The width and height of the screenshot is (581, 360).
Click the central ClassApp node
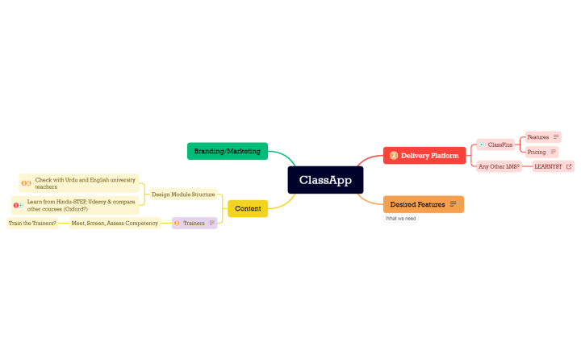[x=325, y=180]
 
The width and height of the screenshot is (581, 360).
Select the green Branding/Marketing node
[x=227, y=151]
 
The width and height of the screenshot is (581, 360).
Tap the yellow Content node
[x=247, y=209]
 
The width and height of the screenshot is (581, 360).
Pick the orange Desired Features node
[x=417, y=204]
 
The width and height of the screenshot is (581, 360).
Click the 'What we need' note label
[x=400, y=219]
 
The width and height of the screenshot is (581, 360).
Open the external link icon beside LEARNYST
[x=568, y=166]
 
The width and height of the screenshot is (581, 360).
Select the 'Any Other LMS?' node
[x=499, y=166]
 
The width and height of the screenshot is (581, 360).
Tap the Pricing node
[x=537, y=152]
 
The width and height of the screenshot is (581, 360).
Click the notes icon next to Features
[x=556, y=137]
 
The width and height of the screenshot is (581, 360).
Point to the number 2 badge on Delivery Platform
[x=394, y=156]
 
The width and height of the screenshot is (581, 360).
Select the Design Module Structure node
[x=183, y=195]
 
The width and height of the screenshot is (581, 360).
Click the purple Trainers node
[x=194, y=223]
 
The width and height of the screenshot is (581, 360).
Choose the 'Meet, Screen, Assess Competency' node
[x=115, y=223]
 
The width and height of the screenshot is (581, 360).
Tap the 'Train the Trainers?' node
[x=32, y=223]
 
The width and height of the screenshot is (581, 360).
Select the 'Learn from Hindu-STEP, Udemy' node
[x=81, y=205]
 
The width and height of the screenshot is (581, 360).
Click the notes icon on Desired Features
[x=453, y=204]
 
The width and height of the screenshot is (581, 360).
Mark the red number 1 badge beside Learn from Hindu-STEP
[x=16, y=205]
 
